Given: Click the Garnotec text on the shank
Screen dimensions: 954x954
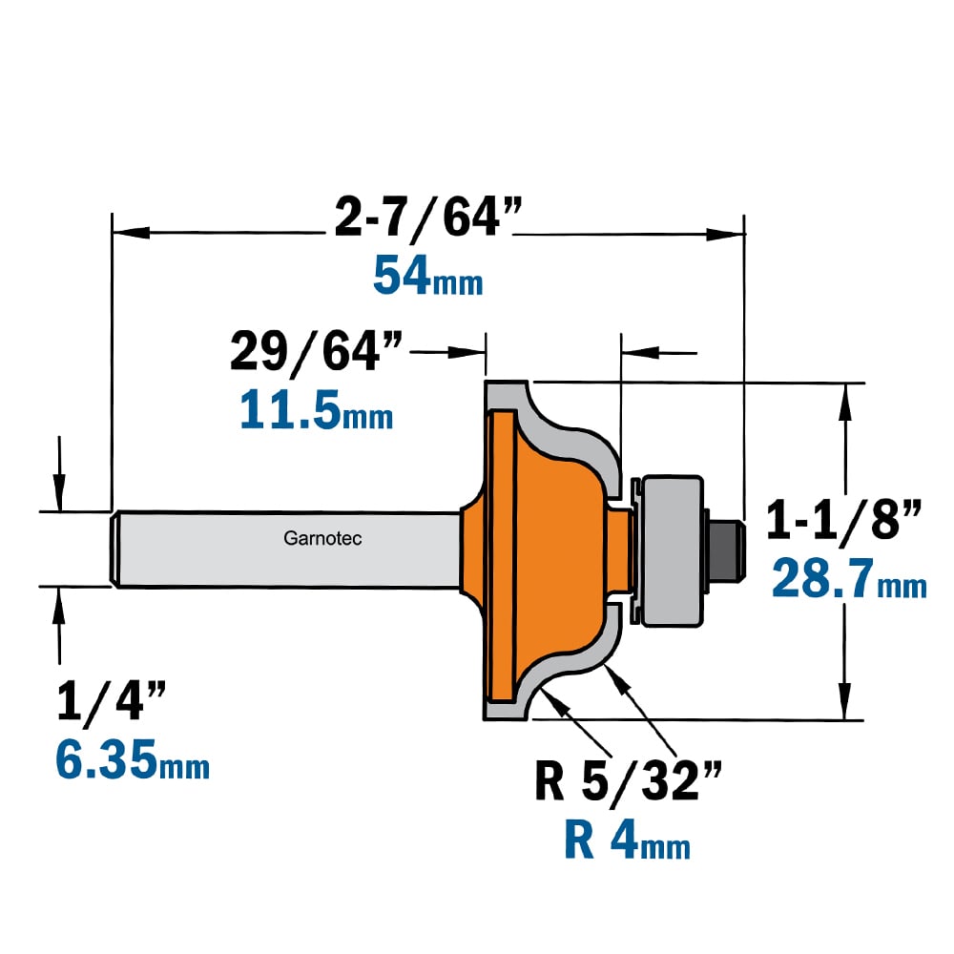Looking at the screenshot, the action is coord(322,538).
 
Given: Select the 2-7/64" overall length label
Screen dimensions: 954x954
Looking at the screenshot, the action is coord(428,218).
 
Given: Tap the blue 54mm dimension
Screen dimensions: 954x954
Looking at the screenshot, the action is coord(427,277).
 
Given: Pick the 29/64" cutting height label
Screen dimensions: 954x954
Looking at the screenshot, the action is coord(316,352).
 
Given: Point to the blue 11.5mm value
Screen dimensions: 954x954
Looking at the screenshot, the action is coord(317,410).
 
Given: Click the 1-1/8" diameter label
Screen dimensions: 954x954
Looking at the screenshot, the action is coord(844,519).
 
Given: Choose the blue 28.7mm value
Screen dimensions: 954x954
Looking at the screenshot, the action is coord(849,579).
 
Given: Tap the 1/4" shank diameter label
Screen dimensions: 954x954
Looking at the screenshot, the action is coord(112,700).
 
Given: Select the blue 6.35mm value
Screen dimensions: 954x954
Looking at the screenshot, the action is coord(133,759).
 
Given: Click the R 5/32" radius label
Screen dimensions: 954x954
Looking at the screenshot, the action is coord(628,781).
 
